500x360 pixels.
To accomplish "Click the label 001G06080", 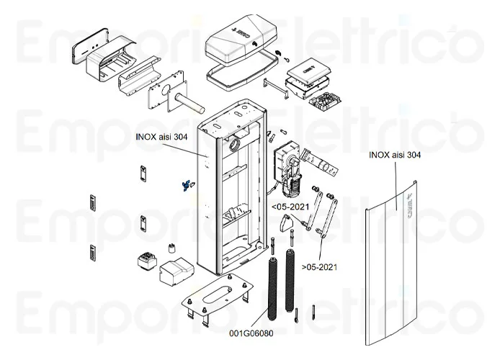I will coord(251,333).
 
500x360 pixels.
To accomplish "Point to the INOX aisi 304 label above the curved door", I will coord(395,154).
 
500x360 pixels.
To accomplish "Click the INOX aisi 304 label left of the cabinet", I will coord(161,136).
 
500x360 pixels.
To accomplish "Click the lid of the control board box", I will coord(307,69).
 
